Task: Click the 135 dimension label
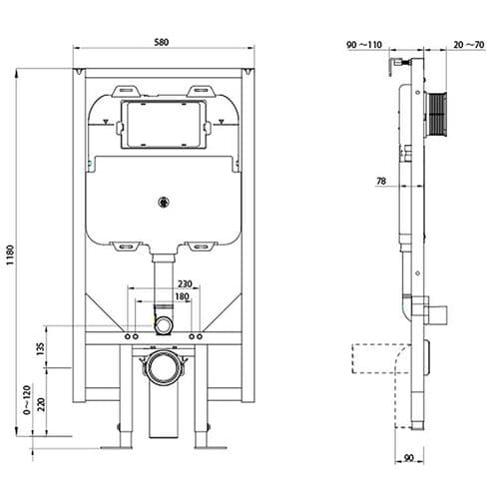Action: click(x=40, y=349)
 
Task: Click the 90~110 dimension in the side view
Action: click(x=365, y=45)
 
